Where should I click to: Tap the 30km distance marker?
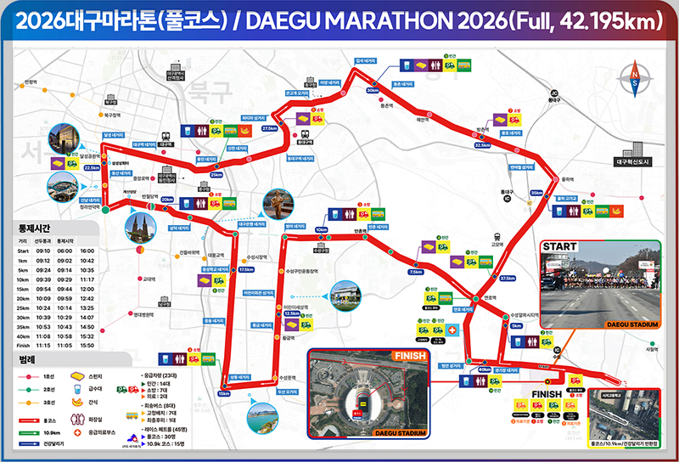[x=373, y=89]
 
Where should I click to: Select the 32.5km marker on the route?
[x=483, y=144]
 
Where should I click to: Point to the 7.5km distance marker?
[x=415, y=272]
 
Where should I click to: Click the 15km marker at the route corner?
[x=224, y=393]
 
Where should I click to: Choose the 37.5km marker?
[x=508, y=278]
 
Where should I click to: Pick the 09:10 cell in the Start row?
[x=46, y=251]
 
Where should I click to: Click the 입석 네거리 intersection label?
[x=365, y=61]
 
